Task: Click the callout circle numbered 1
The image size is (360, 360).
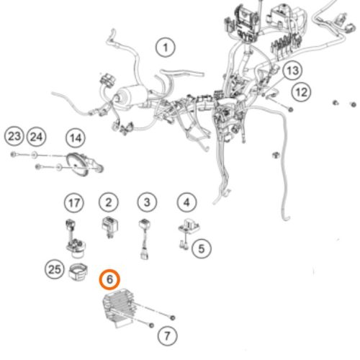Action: (166, 48)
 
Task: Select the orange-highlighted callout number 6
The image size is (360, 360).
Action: (109, 279)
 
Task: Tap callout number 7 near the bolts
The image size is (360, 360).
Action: (168, 336)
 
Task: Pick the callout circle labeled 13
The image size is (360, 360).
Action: (292, 71)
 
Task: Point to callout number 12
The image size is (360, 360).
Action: (302, 92)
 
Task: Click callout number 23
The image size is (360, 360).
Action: (14, 136)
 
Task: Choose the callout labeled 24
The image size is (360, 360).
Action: (37, 137)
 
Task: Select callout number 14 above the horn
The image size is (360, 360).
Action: (76, 138)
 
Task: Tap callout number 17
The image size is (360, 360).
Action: (74, 203)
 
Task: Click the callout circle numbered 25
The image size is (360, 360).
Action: (55, 269)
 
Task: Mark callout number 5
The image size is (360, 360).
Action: (202, 248)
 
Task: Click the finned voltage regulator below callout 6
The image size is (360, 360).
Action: (119, 307)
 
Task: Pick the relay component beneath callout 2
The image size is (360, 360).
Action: (109, 227)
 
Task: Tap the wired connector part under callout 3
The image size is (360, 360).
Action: (145, 238)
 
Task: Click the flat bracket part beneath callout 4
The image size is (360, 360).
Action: (189, 227)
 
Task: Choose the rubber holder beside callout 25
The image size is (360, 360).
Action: (78, 271)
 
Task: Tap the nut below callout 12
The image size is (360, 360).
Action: (290, 109)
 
